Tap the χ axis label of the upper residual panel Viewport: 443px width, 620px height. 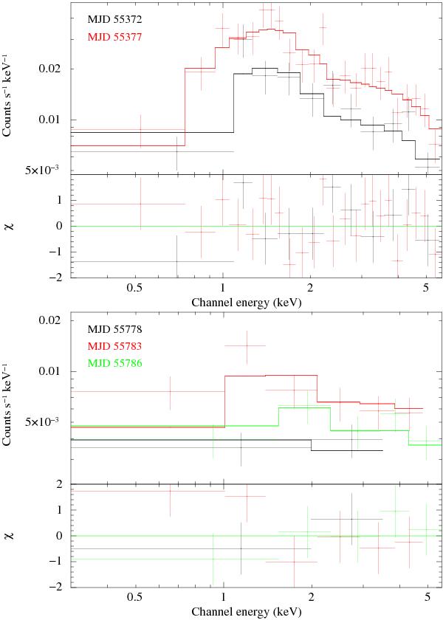(x=10, y=226)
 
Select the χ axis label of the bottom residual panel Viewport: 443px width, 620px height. (x=10, y=536)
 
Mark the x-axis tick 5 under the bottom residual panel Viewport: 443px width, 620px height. (x=426, y=597)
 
